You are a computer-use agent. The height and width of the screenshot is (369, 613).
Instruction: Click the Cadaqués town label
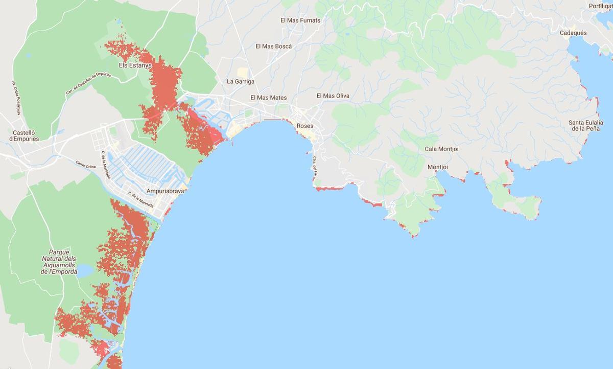(573, 33)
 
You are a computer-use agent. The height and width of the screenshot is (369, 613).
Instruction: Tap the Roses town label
(305, 126)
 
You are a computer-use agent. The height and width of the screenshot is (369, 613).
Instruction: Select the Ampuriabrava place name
(165, 191)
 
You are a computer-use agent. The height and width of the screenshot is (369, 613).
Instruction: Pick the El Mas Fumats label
(300, 20)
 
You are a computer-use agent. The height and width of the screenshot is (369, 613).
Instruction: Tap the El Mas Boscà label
(273, 46)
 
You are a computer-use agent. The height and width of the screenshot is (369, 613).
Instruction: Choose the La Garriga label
(241, 81)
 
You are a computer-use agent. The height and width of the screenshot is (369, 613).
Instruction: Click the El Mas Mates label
(268, 98)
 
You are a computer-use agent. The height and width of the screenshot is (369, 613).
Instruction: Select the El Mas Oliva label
(333, 96)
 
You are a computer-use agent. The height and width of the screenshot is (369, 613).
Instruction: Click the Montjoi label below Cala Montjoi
(437, 167)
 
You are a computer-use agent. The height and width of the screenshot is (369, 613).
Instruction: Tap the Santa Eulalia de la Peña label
(586, 126)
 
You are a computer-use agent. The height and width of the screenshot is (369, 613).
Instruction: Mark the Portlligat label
(601, 6)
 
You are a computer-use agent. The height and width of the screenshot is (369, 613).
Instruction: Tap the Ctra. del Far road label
(315, 166)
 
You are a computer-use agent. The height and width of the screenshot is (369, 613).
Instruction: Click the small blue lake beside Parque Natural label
(84, 270)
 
